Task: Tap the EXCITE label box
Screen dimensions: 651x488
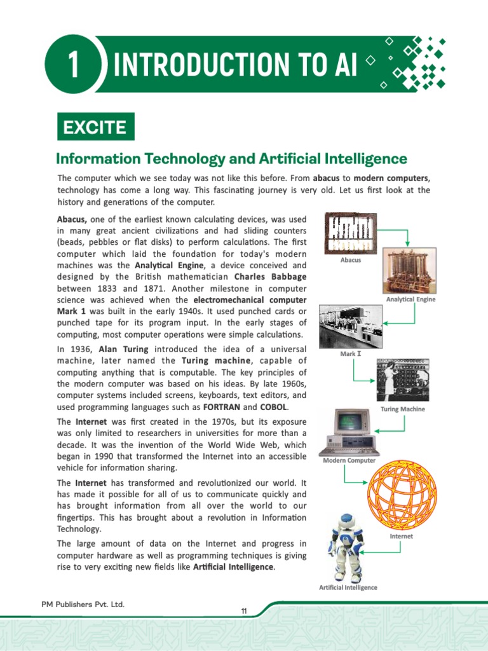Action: pos(95,127)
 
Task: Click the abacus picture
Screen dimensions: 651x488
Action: pos(350,233)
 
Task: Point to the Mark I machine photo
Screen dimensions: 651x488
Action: pos(350,325)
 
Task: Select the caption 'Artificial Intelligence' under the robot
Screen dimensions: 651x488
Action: pos(348,587)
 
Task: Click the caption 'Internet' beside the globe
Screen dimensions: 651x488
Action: pos(401,537)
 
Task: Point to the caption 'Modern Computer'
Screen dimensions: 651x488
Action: pos(349,460)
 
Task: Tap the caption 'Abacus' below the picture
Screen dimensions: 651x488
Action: pos(351,260)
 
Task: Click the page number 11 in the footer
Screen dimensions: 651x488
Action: pos(243,612)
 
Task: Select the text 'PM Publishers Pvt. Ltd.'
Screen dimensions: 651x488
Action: pos(79,604)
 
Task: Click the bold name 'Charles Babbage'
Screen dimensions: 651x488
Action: pos(271,277)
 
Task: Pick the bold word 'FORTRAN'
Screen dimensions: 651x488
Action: pos(220,407)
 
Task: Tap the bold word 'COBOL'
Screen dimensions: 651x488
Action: pos(274,407)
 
